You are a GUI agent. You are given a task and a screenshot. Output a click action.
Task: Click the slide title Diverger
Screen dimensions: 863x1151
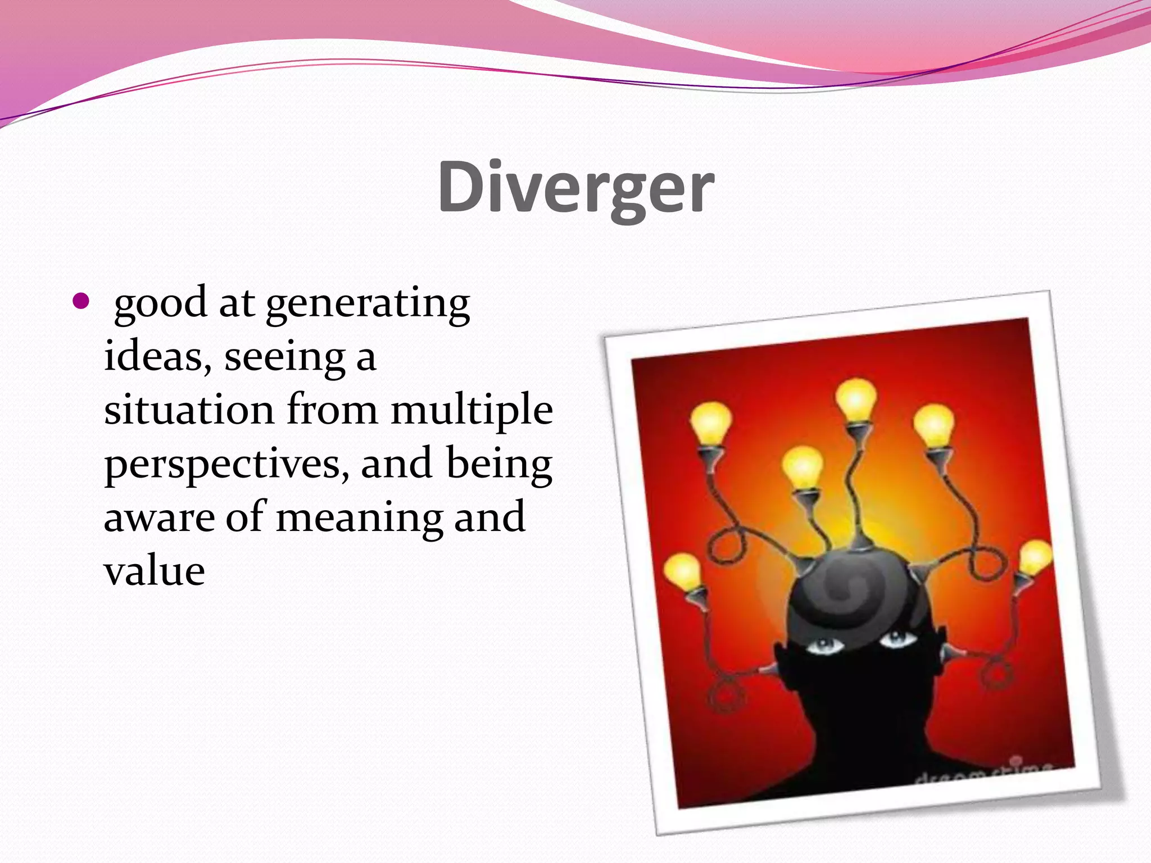pos(575,187)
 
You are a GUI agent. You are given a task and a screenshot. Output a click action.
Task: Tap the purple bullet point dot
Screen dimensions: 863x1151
pos(81,302)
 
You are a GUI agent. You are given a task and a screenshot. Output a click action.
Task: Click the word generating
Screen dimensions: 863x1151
pos(368,304)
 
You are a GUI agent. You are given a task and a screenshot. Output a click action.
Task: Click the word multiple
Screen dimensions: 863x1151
pos(472,411)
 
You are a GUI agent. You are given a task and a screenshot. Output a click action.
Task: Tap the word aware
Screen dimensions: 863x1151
pos(159,518)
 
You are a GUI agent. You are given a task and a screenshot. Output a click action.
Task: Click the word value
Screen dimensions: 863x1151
pos(155,571)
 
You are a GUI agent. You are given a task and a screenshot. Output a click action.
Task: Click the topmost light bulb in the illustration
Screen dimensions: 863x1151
pos(856,400)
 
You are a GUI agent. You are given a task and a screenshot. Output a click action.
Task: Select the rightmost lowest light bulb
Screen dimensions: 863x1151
pos(1034,557)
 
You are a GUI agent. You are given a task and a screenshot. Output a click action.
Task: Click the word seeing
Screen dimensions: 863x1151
pos(284,357)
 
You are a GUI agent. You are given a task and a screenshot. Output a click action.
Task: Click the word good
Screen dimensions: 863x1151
pos(161,304)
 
